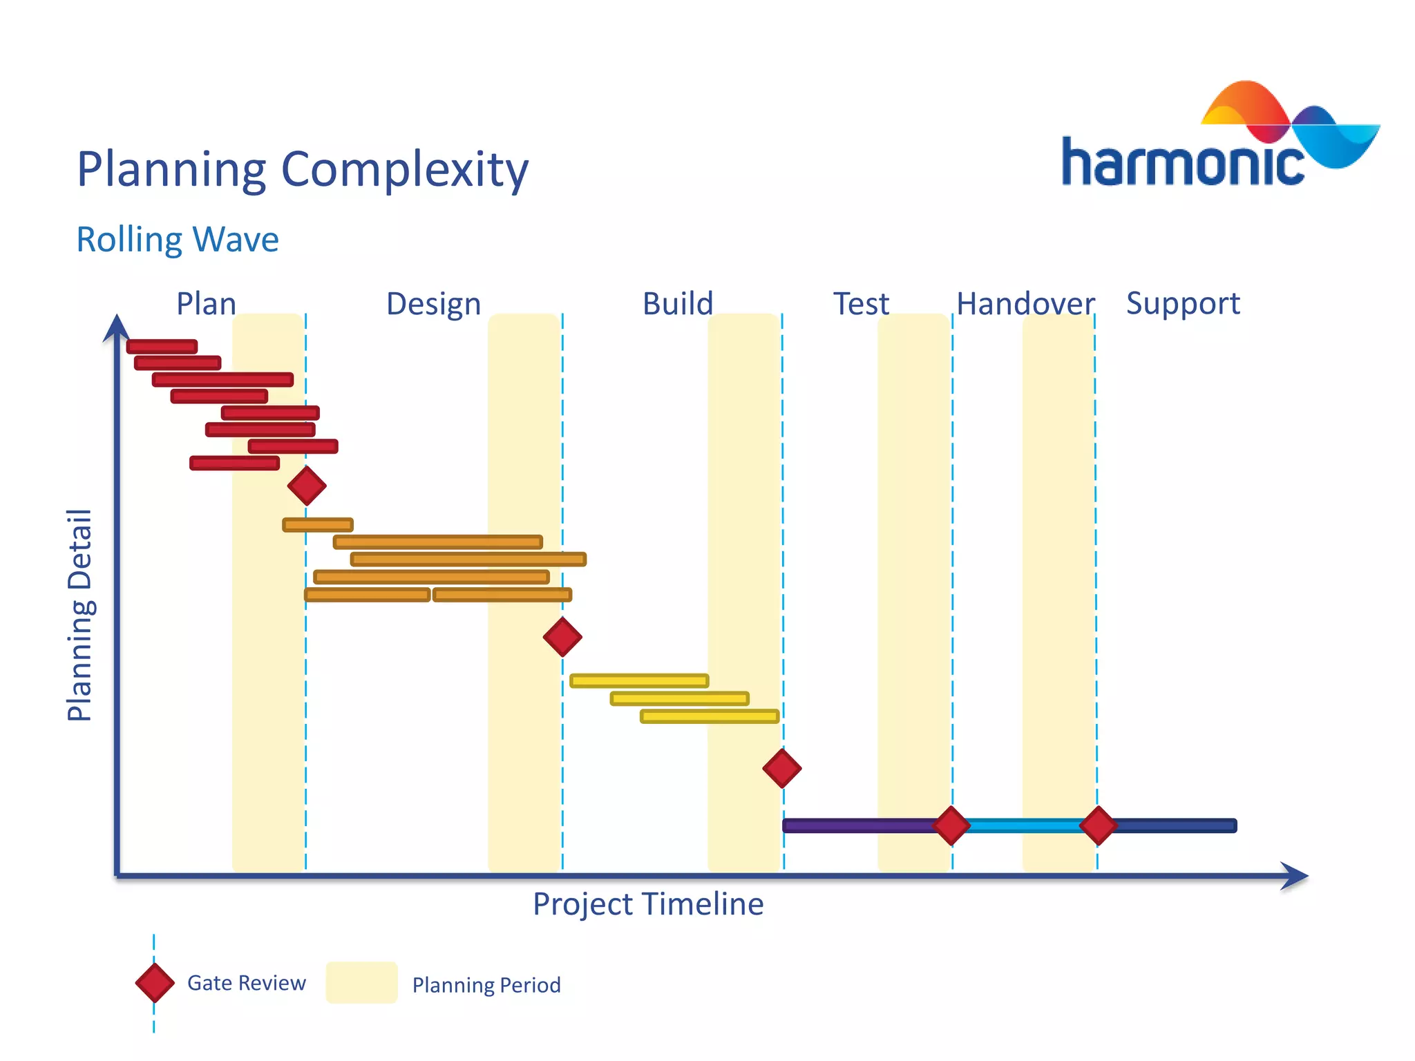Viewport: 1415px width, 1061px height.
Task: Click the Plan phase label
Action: click(206, 304)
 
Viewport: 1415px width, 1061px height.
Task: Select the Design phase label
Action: click(433, 304)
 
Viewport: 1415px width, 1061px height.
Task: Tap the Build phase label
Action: click(677, 304)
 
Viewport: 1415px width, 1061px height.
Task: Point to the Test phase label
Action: click(860, 304)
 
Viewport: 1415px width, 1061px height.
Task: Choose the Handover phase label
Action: click(1025, 304)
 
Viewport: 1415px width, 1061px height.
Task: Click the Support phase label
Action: click(1183, 304)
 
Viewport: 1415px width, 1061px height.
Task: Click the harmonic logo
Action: click(1219, 138)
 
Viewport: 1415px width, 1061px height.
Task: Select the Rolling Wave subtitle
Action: click(177, 240)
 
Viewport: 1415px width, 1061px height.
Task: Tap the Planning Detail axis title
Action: click(79, 615)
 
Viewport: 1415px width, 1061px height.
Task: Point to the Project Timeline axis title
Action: click(647, 904)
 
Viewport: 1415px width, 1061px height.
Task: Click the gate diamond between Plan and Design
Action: click(307, 486)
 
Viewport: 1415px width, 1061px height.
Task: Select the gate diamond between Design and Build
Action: click(562, 637)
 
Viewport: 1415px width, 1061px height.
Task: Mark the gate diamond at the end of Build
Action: click(782, 768)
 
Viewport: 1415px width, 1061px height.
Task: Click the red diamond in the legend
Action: click(155, 983)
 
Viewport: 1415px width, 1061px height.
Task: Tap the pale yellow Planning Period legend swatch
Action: click(361, 982)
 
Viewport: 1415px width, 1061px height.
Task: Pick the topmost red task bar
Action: click(162, 347)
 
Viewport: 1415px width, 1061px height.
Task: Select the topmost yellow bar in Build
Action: click(639, 681)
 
